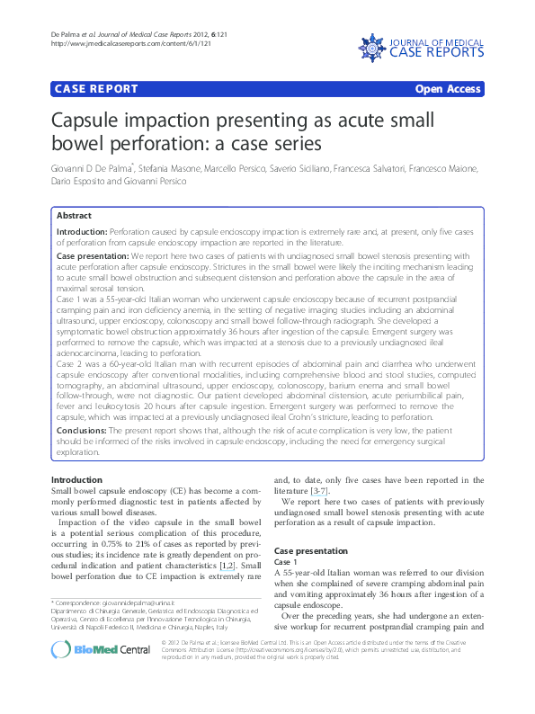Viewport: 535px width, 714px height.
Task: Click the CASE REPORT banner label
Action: click(x=96, y=89)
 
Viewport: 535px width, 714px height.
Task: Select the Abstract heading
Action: click(x=74, y=216)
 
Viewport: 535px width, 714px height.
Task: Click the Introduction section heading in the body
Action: click(x=76, y=480)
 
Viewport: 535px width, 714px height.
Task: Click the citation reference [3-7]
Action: click(x=319, y=491)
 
